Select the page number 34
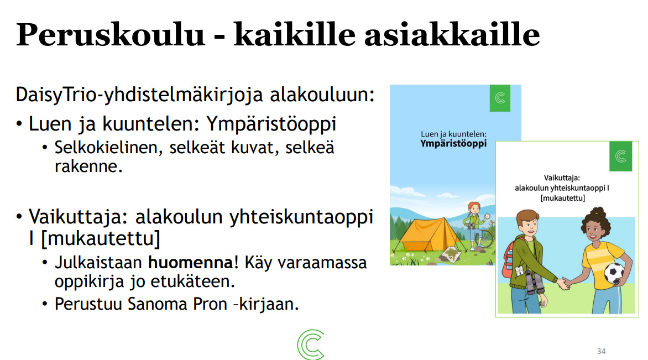601,351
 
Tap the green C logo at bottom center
311,344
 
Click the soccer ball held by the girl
614,274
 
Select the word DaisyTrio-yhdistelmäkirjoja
140,95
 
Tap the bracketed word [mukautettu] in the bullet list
101,239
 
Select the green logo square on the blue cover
500,98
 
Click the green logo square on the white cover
620,156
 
